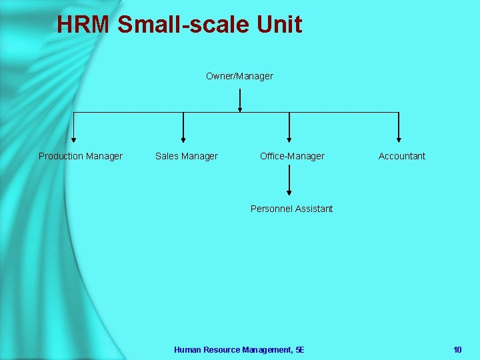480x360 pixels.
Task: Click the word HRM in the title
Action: pyautogui.click(x=83, y=25)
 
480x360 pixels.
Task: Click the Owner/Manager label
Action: pyautogui.click(x=239, y=76)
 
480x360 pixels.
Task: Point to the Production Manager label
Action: pyautogui.click(x=81, y=156)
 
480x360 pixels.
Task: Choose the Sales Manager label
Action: pyautogui.click(x=187, y=156)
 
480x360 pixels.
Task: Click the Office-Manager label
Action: pyautogui.click(x=292, y=156)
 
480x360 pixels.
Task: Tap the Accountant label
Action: pyautogui.click(x=402, y=156)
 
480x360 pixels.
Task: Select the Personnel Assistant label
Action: pyautogui.click(x=291, y=209)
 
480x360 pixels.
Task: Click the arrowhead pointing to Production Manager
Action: pyautogui.click(x=74, y=139)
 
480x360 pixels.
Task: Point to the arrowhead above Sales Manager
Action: pyautogui.click(x=183, y=139)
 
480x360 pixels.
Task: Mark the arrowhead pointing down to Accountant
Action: pyautogui.click(x=399, y=139)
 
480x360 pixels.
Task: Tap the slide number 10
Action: pyautogui.click(x=457, y=349)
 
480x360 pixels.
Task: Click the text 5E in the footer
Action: pyautogui.click(x=299, y=349)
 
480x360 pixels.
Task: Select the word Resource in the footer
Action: pyautogui.click(x=221, y=349)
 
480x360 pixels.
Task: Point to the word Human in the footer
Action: pyautogui.click(x=186, y=349)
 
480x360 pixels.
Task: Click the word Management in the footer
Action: pyautogui.click(x=267, y=349)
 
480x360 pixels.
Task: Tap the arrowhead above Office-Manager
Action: pyautogui.click(x=289, y=139)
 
